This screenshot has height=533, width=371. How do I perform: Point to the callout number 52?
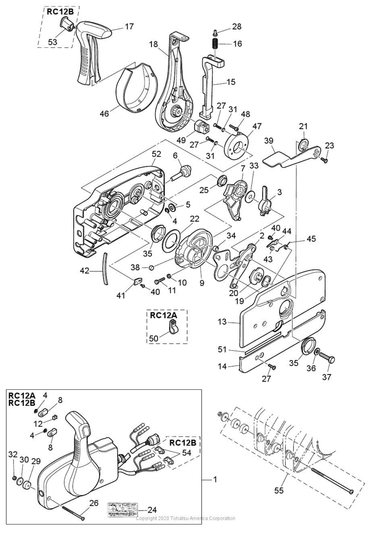(x=156, y=154)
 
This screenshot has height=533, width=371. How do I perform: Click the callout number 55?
(x=279, y=491)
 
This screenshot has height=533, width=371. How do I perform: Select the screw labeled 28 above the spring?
(x=215, y=32)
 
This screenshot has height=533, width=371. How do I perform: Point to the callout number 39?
(x=268, y=141)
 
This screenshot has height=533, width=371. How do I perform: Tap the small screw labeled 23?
(x=325, y=160)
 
